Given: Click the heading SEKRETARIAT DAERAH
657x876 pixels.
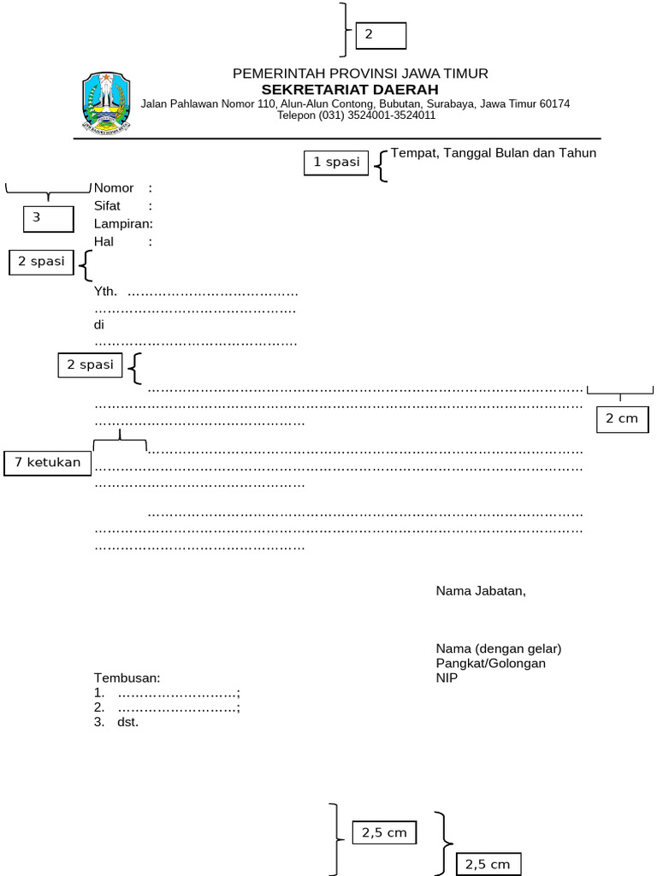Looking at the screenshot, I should tap(350, 89).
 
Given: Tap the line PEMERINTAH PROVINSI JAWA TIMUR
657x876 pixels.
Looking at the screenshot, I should tap(360, 74).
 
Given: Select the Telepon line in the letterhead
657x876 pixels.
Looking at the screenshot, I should tap(356, 115).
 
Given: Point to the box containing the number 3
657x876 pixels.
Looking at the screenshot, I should tap(48, 218).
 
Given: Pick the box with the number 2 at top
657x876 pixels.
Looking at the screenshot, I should tap(381, 35).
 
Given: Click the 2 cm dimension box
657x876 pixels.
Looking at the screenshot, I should tap(622, 418).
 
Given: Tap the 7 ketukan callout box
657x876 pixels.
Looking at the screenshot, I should tap(48, 463).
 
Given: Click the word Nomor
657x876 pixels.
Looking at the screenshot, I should tap(114, 188).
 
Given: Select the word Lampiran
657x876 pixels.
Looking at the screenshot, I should tap(121, 224).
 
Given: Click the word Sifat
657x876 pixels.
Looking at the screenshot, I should tap(107, 206).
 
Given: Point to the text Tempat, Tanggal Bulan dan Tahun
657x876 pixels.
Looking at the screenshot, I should tap(493, 153).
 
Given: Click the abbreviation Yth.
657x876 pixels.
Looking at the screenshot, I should tap(105, 291).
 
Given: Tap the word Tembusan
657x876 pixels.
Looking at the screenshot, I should tap(127, 678).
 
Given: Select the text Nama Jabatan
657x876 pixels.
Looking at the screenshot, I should tap(481, 590).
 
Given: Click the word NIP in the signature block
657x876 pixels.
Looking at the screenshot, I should tap(447, 678).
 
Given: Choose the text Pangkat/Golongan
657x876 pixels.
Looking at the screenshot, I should tap(491, 663).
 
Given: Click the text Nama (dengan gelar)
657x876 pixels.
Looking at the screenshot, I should tap(499, 648).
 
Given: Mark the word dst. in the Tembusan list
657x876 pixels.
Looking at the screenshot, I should tap(127, 722).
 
